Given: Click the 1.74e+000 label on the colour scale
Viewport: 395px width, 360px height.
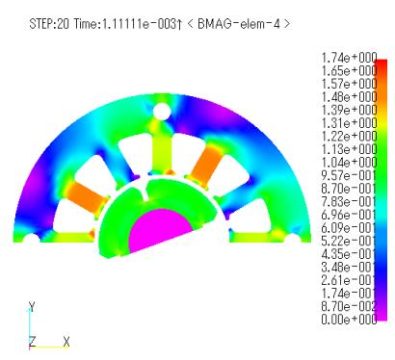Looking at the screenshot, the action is tap(349, 58).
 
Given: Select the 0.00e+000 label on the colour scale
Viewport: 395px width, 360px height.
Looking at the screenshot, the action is tap(349, 320).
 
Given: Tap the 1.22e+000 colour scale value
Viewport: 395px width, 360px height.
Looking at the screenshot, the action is tap(349, 136).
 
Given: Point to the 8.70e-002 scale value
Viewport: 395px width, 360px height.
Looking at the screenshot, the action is tap(349, 306).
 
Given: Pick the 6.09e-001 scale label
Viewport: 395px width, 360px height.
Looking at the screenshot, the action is tap(349, 228).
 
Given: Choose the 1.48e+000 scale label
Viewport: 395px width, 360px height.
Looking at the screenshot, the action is tap(349, 97).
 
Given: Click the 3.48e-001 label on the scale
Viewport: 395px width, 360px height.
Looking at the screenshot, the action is tap(349, 267).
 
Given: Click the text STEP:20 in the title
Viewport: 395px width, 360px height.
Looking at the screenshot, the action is tap(49, 24).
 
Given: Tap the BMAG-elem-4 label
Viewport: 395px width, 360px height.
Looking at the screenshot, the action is tap(239, 24).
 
